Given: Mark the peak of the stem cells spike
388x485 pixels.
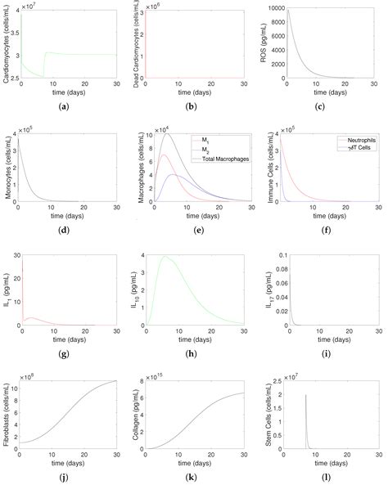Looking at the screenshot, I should click(x=306, y=395).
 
